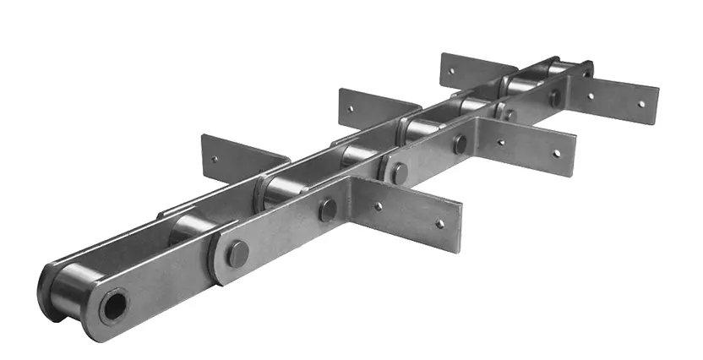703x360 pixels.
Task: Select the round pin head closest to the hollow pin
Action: coord(239,252)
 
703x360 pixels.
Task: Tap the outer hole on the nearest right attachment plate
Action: coord(439,224)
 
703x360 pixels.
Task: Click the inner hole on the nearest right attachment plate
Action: coord(378,205)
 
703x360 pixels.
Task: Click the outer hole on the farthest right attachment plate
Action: coord(640,106)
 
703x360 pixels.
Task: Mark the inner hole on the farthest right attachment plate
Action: coord(590,96)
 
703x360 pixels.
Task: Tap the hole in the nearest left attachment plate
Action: coord(215,157)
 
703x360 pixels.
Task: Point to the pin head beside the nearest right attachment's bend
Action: coord(327,210)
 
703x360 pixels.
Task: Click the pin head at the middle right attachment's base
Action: coord(460,145)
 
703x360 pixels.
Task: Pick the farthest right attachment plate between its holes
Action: coord(615,100)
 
